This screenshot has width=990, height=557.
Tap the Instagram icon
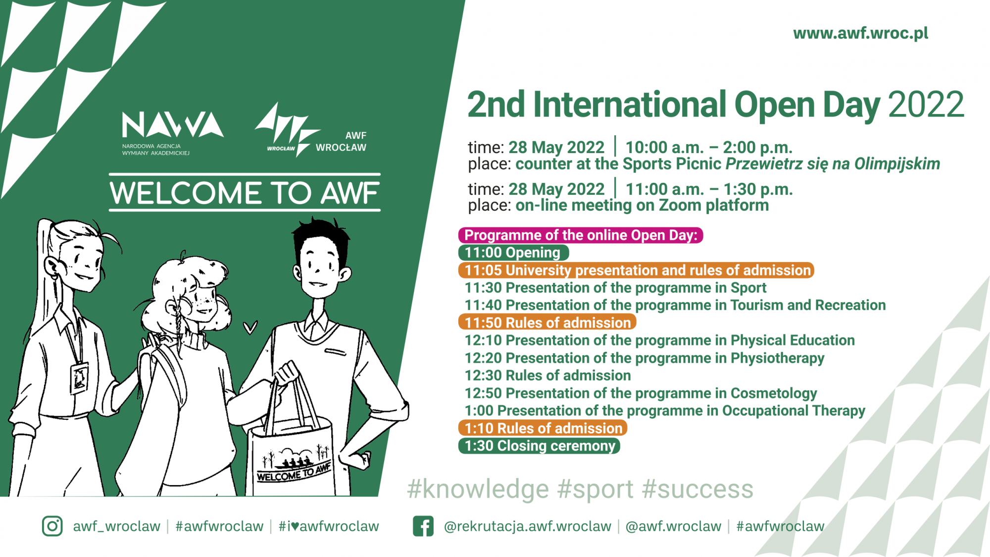click(x=52, y=526)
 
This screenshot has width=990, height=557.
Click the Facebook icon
click(x=423, y=526)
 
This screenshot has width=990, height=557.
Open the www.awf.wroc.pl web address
click(x=860, y=33)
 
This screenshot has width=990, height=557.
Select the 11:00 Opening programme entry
click(x=513, y=253)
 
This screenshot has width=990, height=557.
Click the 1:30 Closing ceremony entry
click(x=539, y=446)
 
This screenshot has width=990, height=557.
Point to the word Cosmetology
click(x=774, y=393)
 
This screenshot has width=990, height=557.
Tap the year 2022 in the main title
click(x=926, y=105)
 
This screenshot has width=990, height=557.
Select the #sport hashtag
click(x=595, y=490)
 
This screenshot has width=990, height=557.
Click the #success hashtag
click(x=697, y=490)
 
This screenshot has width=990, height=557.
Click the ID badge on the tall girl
click(x=79, y=378)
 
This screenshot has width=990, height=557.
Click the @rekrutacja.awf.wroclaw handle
click(x=527, y=526)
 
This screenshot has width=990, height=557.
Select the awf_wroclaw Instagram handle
click(x=116, y=526)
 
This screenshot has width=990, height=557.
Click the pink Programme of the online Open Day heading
click(x=581, y=235)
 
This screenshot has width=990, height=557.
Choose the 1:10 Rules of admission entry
click(x=543, y=428)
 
